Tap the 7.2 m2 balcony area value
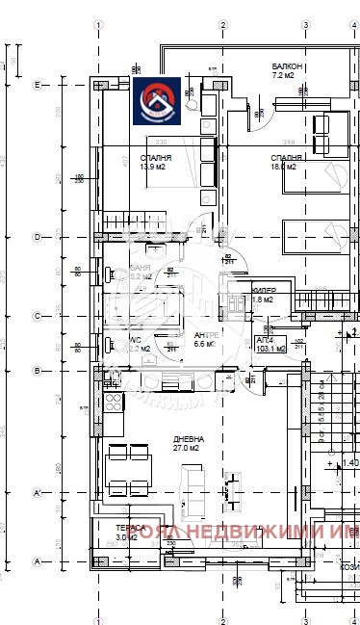[283, 74]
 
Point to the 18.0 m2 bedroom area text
[286, 166]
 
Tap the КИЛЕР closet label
[265, 290]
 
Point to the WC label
[136, 339]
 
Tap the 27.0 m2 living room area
[160, 447]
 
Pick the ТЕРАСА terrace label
[133, 528]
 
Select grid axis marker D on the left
[37, 236]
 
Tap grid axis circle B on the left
[37, 370]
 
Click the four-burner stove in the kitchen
[113, 401]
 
